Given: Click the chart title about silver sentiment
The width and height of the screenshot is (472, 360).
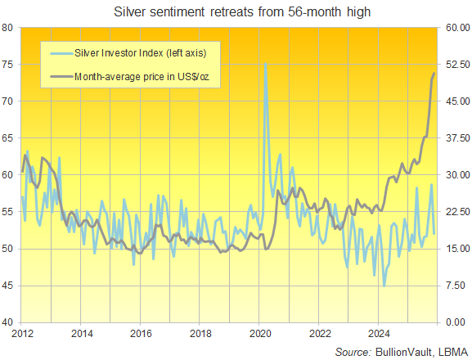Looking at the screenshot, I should [x=236, y=11].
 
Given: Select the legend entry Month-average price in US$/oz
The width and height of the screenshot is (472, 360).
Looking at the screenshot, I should [x=146, y=77].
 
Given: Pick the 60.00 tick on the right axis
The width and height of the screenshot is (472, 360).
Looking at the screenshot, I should [x=455, y=28].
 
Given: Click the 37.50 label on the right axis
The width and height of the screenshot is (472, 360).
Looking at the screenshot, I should [x=455, y=138].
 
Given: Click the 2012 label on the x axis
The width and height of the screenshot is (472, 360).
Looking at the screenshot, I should [x=21, y=333].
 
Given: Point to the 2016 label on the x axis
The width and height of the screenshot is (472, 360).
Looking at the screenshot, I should [x=141, y=333].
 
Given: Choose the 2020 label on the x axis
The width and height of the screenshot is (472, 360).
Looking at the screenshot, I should [x=259, y=333].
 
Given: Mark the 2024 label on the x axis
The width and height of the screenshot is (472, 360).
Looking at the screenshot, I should [x=378, y=333].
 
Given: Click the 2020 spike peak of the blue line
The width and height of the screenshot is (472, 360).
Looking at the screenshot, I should [x=265, y=64].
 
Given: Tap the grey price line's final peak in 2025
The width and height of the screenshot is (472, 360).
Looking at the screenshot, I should [x=434, y=74].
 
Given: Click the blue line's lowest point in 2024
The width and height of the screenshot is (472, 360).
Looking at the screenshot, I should [x=384, y=286].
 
